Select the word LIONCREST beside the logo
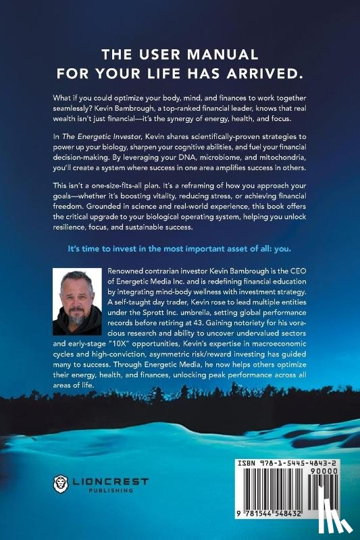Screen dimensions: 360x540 (x=103, y=479)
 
